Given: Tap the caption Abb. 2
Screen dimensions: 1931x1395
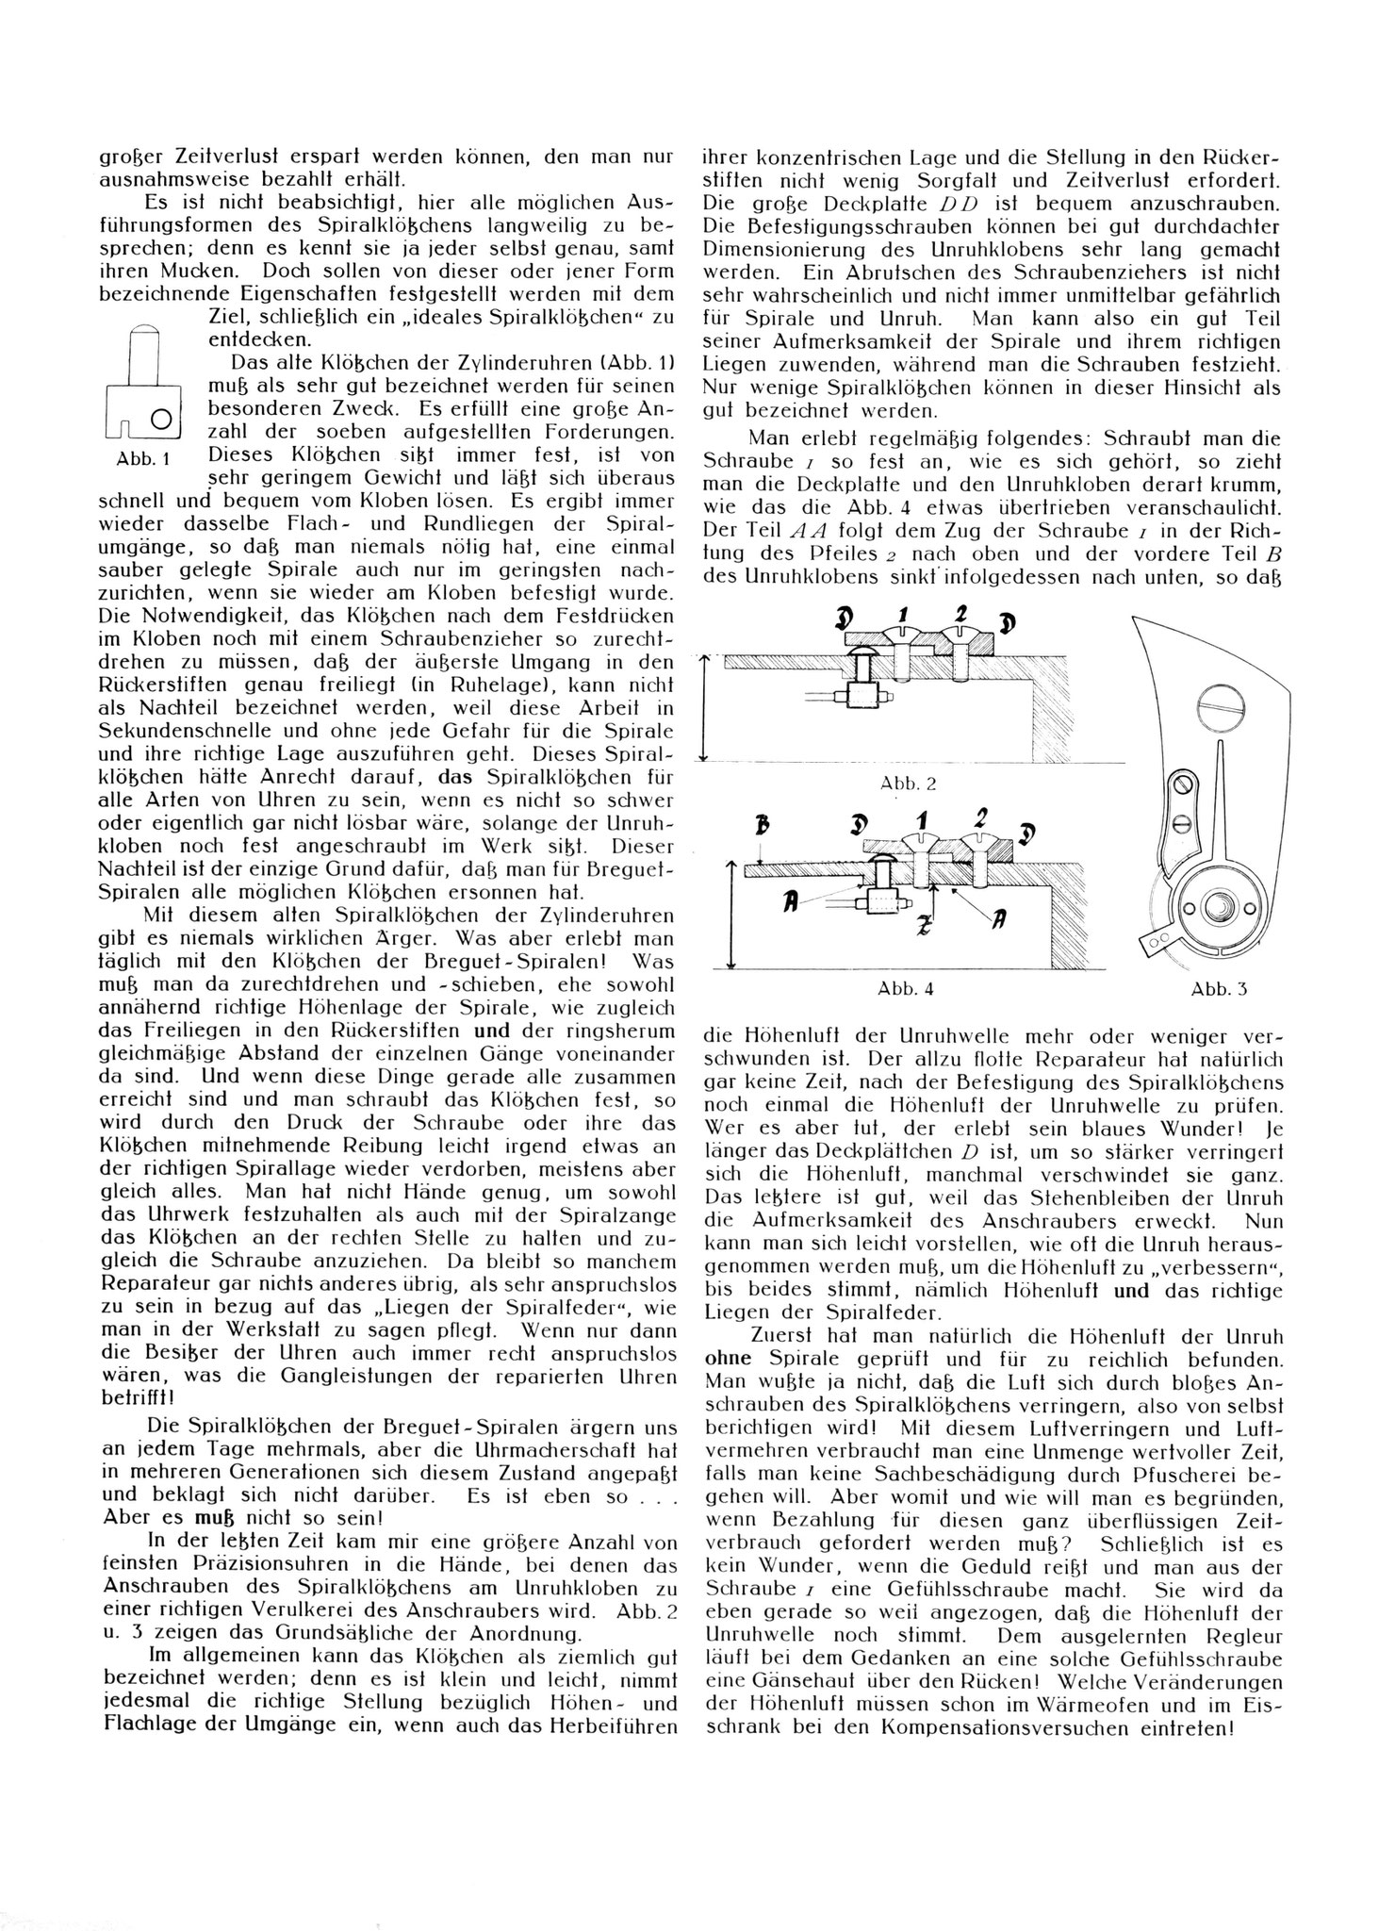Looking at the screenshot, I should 908,784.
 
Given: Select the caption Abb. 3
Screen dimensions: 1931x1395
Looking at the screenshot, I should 1219,988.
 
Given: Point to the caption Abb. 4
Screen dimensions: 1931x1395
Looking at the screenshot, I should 906,988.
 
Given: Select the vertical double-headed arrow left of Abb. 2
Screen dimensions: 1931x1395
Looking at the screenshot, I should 704,710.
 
